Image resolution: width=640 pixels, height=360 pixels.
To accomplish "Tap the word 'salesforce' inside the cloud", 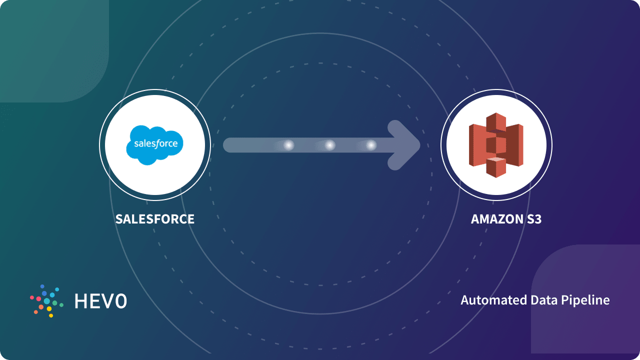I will (x=155, y=144).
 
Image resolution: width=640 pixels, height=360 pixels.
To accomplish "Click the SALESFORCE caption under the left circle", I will (x=155, y=219).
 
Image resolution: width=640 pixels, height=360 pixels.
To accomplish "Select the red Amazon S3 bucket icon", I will (x=496, y=145).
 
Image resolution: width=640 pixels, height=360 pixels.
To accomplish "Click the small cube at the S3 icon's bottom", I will (x=496, y=166).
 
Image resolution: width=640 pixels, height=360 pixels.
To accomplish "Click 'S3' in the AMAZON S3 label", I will (x=533, y=219).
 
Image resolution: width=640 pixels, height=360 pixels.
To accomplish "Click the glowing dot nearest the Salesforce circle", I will (x=288, y=145).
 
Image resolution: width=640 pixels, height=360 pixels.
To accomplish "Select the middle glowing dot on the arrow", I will (x=329, y=145).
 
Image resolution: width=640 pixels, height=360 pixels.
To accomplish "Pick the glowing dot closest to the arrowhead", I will (x=370, y=145).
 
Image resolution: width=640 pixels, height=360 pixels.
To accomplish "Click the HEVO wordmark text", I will (x=100, y=301).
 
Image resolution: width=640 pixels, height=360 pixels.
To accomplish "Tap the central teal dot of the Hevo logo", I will (x=47, y=301).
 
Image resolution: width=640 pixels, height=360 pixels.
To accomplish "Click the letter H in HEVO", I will (x=80, y=301).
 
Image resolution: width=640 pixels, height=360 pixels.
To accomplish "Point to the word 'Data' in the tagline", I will (x=538, y=300).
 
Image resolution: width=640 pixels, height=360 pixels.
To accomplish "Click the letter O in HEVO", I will (x=120, y=301).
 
